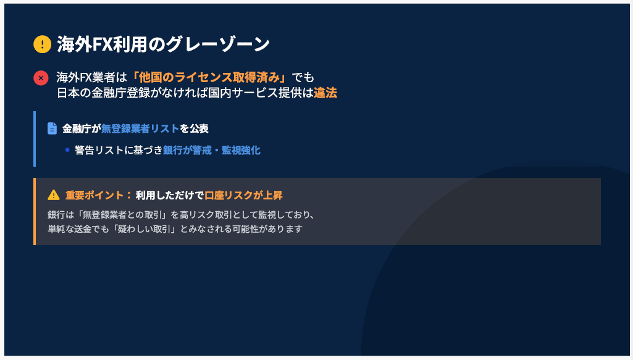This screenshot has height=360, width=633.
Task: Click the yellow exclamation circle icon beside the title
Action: [43, 44]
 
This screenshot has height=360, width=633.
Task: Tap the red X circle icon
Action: [41, 77]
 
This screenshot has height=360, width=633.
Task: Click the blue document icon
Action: [52, 128]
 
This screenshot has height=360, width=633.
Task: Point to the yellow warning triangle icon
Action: [54, 195]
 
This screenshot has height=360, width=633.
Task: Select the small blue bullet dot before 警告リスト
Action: [67, 150]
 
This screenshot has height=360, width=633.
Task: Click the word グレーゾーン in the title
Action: [217, 44]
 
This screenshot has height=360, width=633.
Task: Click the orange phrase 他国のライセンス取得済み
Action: [209, 77]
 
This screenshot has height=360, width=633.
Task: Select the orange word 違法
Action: [325, 93]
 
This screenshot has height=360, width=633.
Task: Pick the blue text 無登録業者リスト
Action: [140, 128]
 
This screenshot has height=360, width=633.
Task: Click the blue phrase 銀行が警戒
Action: [187, 150]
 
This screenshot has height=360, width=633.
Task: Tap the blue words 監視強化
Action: [241, 150]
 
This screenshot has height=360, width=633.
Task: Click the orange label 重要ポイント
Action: [94, 195]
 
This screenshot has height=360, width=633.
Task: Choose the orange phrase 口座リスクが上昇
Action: [244, 195]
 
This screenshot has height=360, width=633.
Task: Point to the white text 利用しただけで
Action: [170, 195]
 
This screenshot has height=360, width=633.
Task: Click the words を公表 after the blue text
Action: [194, 128]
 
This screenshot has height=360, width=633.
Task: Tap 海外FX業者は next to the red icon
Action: [92, 77]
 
